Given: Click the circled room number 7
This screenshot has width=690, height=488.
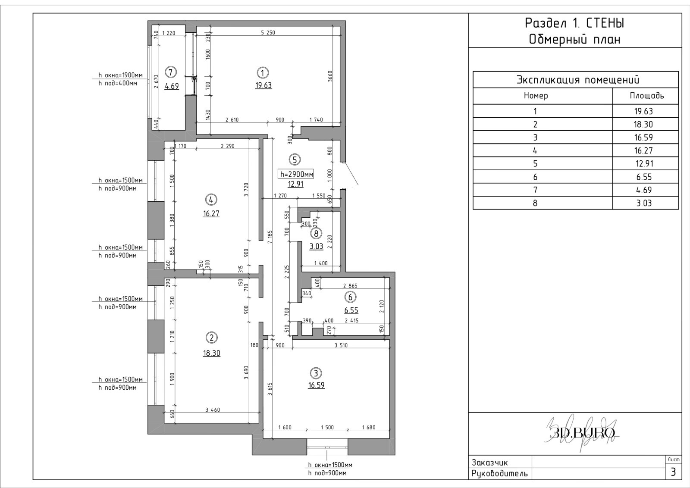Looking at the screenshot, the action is (171, 72).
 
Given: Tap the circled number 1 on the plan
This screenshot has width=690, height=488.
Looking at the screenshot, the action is (263, 73).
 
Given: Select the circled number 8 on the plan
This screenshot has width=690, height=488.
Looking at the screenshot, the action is (316, 233).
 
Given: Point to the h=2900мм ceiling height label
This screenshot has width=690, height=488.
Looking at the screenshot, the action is (296, 174).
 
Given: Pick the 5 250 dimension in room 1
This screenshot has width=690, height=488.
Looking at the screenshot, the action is (268, 33).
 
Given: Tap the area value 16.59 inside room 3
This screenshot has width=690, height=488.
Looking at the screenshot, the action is (317, 385).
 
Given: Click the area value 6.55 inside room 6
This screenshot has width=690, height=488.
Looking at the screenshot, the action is (351, 310).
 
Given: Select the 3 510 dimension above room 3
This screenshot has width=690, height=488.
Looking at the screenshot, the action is (341, 345).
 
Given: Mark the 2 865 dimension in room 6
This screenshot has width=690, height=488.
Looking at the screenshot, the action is (350, 286).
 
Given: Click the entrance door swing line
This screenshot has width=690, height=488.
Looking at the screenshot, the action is (351, 173).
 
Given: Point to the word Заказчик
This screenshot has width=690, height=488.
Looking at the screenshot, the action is (490, 463).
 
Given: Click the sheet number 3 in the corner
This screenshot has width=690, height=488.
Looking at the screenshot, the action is (673, 472).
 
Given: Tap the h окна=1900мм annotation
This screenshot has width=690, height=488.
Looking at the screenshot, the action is (120, 75).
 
